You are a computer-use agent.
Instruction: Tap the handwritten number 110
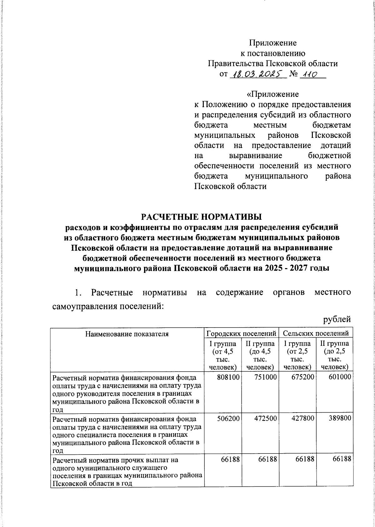(308, 75)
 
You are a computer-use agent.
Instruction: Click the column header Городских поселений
(242, 333)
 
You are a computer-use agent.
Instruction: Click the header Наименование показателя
(127, 334)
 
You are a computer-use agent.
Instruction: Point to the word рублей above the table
(337, 319)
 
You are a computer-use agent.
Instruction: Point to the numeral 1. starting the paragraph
(78, 293)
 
